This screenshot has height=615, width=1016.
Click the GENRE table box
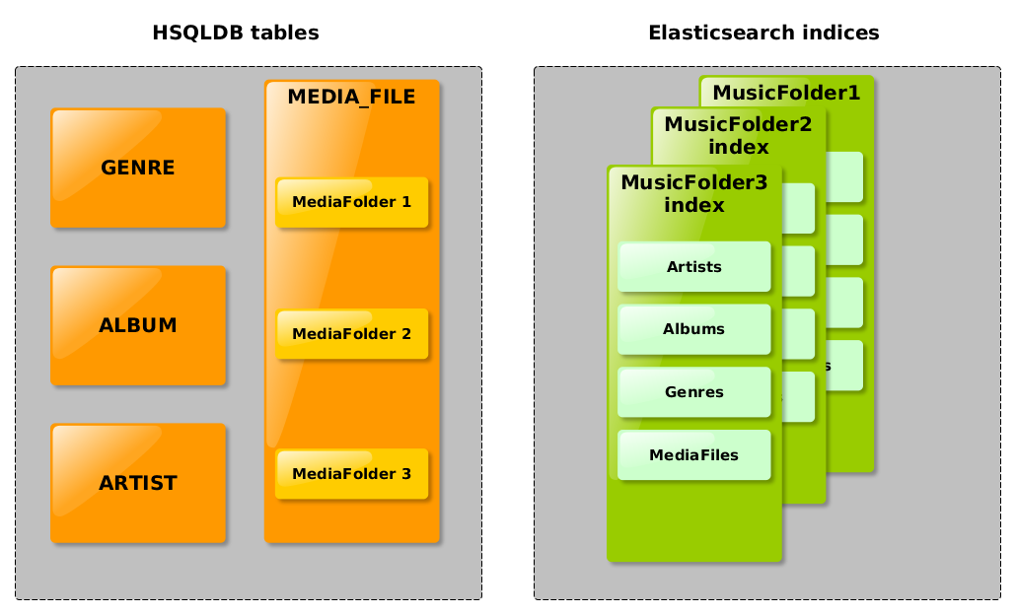[x=138, y=169]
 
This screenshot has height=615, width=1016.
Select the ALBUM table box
[x=138, y=326]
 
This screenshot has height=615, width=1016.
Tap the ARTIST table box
[x=138, y=484]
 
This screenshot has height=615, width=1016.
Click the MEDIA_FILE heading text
[x=351, y=97]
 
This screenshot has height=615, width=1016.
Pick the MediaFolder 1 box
[x=351, y=202]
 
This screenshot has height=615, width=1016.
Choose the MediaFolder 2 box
[x=351, y=334]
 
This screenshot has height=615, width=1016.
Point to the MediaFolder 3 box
[x=351, y=474]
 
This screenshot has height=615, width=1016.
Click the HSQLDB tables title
[x=236, y=34]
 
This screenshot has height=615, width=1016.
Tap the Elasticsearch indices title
[x=763, y=34]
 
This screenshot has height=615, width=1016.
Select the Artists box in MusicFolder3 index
[x=693, y=267]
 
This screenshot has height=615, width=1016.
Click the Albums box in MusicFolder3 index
[x=693, y=329]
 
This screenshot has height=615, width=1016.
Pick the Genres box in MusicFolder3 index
[x=693, y=392]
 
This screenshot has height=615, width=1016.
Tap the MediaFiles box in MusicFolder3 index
[x=693, y=455]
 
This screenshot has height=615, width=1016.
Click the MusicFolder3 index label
[x=693, y=193]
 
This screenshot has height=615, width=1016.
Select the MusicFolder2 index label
[x=738, y=135]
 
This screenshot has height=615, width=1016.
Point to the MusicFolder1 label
[x=786, y=94]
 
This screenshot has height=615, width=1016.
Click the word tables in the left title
[x=284, y=34]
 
